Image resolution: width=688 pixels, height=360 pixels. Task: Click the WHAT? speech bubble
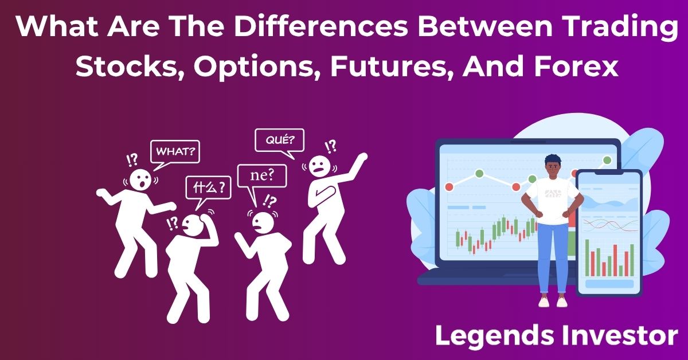175,153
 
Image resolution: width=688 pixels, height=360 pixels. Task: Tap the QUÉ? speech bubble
279,140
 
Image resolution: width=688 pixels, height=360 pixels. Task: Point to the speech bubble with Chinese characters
208,187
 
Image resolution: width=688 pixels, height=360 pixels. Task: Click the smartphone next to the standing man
609,232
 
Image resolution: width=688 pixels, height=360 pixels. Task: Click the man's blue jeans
552,255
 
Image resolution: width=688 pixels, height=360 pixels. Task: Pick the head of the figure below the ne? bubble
263,222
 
